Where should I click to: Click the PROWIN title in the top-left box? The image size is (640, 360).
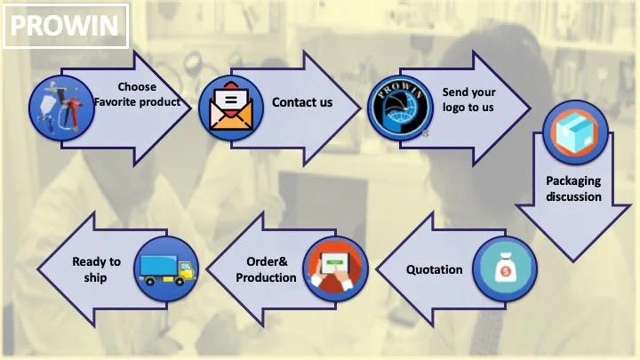[64, 25]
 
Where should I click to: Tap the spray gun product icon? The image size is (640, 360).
[61, 108]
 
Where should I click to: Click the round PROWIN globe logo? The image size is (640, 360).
[400, 108]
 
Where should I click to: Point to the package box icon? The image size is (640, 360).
[575, 132]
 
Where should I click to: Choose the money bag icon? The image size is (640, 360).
[505, 268]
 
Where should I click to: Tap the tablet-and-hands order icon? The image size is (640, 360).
[335, 268]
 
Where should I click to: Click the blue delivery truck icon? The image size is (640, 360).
[166, 268]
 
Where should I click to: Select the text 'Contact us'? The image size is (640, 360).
[302, 102]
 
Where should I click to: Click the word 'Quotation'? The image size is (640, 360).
[435, 270]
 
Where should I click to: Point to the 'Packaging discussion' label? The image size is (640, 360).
[573, 188]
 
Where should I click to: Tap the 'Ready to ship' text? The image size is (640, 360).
[96, 269]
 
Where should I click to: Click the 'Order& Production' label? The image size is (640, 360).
[266, 269]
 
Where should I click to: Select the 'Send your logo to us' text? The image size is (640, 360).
[468, 100]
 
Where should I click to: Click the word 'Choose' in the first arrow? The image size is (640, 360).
[137, 87]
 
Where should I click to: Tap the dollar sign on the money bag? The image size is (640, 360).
[506, 271]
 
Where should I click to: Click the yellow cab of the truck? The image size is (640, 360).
[187, 269]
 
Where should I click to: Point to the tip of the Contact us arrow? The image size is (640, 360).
[361, 108]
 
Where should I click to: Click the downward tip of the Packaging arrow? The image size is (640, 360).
[573, 261]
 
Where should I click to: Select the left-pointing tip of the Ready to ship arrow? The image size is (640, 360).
[37, 269]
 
